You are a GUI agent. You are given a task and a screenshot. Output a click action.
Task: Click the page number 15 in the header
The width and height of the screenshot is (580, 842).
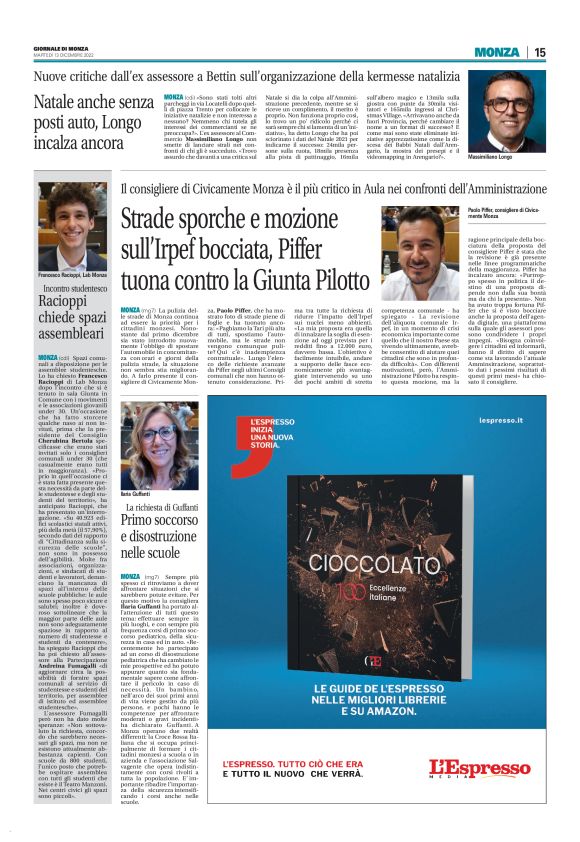point(539,52)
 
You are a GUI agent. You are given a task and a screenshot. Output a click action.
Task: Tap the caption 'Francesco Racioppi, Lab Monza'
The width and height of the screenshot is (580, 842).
point(72,274)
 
